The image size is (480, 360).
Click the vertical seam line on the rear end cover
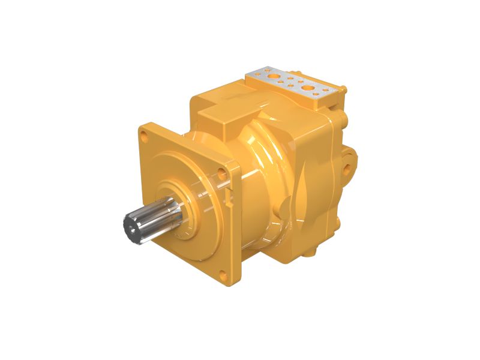(332, 180)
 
